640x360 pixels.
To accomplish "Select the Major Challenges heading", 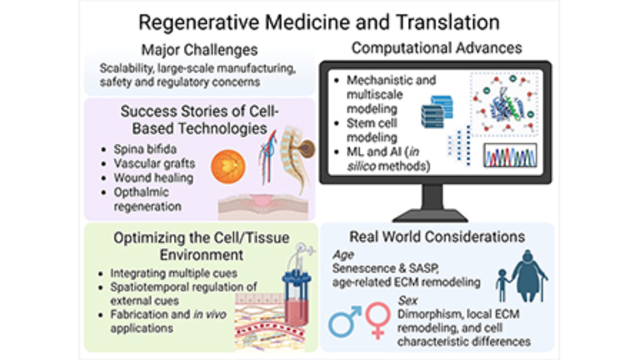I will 199,50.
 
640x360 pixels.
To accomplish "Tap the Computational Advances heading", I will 436,48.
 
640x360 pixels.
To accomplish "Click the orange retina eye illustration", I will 228,167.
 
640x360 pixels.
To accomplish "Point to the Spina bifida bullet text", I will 145,149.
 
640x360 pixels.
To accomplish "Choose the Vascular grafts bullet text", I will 154,164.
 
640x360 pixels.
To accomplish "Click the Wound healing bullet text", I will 153,178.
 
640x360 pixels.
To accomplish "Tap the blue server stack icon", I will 437,112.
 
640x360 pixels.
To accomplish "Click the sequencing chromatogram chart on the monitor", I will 510,156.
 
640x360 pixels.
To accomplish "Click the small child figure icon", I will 502,285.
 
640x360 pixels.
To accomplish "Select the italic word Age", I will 343,255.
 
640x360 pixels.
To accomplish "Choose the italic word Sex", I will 408,300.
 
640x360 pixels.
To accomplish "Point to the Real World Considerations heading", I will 437,237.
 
